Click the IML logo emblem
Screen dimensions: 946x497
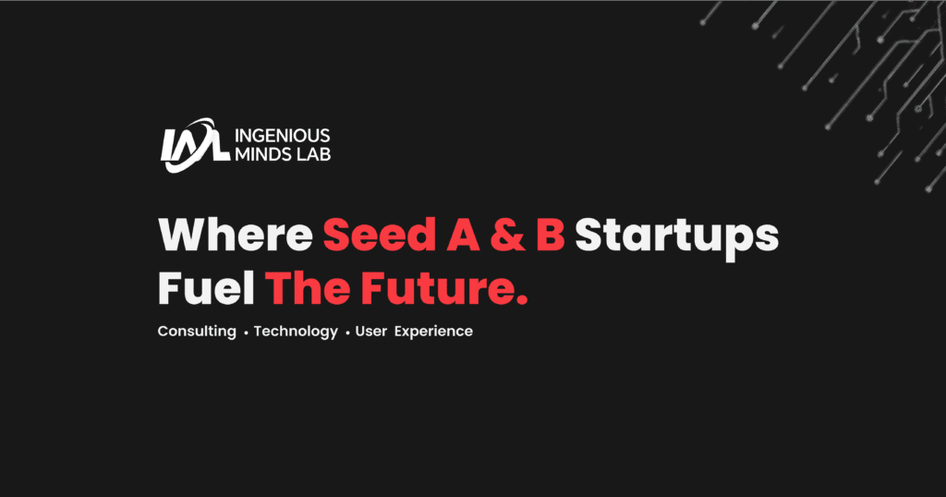195,145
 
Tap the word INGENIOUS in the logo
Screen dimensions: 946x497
283,135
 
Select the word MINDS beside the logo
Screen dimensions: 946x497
257,154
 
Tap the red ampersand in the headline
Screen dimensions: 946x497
508,235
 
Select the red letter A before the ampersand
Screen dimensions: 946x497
463,235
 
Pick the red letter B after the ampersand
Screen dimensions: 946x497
551,235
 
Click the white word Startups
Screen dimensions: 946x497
677,237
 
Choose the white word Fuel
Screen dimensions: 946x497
206,287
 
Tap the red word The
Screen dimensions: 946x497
308,287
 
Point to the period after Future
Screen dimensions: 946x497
523,299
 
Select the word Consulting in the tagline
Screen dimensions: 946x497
197,332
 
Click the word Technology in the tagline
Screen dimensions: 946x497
296,332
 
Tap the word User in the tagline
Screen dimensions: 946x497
371,331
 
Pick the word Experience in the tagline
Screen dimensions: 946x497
434,332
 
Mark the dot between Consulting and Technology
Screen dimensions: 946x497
246,333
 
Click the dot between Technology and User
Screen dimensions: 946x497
347,333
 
